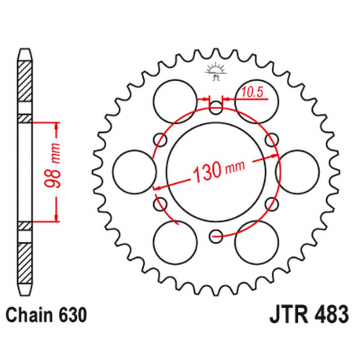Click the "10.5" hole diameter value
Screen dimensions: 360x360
pos(251,91)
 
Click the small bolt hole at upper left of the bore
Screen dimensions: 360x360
pos(160,139)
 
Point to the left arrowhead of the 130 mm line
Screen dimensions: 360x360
pos(158,188)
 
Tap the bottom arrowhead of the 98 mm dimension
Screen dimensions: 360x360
pos(57,219)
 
